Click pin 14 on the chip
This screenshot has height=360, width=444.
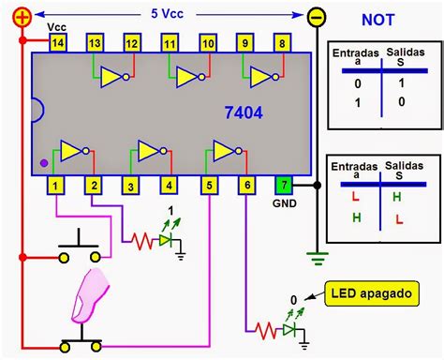[58, 43]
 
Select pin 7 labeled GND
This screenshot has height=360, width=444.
[283, 186]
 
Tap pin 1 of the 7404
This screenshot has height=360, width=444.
[58, 186]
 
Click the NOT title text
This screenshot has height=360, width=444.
[385, 20]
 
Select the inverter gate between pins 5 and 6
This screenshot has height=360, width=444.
[226, 150]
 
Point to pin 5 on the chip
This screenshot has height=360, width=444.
[207, 186]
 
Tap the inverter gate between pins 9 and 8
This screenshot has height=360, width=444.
[260, 76]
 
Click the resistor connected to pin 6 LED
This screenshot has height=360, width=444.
[268, 329]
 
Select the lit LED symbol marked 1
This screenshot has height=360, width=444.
[167, 241]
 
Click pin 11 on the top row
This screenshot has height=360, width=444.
[170, 43]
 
